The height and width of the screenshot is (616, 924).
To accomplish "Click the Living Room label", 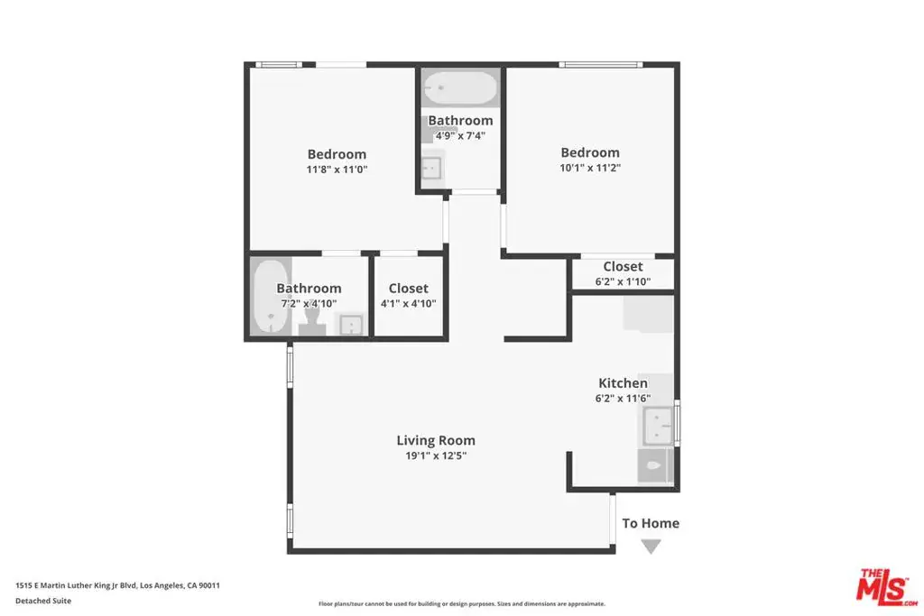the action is coord(436,440).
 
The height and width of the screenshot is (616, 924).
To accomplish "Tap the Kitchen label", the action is coord(623,382).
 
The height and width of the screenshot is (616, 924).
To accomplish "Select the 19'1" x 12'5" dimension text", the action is coord(436,455).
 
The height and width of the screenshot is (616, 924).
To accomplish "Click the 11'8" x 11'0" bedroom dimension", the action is coord(337,170).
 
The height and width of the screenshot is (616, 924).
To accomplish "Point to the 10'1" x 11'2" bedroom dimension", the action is coord(590,168).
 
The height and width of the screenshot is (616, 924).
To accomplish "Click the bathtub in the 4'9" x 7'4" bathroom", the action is coord(460,87).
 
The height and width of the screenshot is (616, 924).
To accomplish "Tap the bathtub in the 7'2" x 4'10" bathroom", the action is coord(271,296).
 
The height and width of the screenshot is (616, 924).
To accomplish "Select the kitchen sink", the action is coord(657,425).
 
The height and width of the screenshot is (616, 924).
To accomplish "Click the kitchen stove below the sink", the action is coord(655,465).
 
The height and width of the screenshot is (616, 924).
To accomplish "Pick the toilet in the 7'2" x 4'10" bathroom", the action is coord(311,322).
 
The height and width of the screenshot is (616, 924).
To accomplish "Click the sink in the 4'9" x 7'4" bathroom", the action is coord(432,169).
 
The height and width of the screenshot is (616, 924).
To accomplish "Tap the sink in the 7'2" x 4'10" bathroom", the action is coord(351,325).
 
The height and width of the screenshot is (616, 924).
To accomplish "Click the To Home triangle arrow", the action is coord(651,547).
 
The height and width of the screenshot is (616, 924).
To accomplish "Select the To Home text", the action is coord(651,523).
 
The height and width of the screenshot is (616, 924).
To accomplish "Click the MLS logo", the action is coord(888,586).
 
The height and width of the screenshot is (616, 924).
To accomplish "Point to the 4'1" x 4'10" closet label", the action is coord(409,296).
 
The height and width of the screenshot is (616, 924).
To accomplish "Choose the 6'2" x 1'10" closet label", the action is coord(623,274).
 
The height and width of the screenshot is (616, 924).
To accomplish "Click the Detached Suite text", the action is coord(43,601).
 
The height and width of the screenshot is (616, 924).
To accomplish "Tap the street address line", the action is coord(118,585).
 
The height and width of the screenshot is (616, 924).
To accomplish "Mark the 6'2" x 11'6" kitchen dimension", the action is coord(623,399).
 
